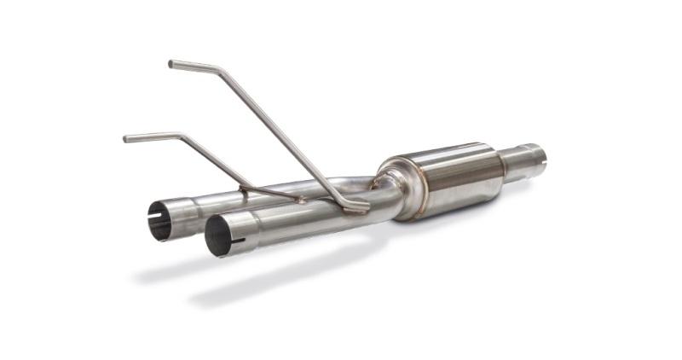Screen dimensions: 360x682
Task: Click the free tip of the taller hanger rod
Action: (x=171, y=63)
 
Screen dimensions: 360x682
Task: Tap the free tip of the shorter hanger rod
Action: (x=126, y=138)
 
